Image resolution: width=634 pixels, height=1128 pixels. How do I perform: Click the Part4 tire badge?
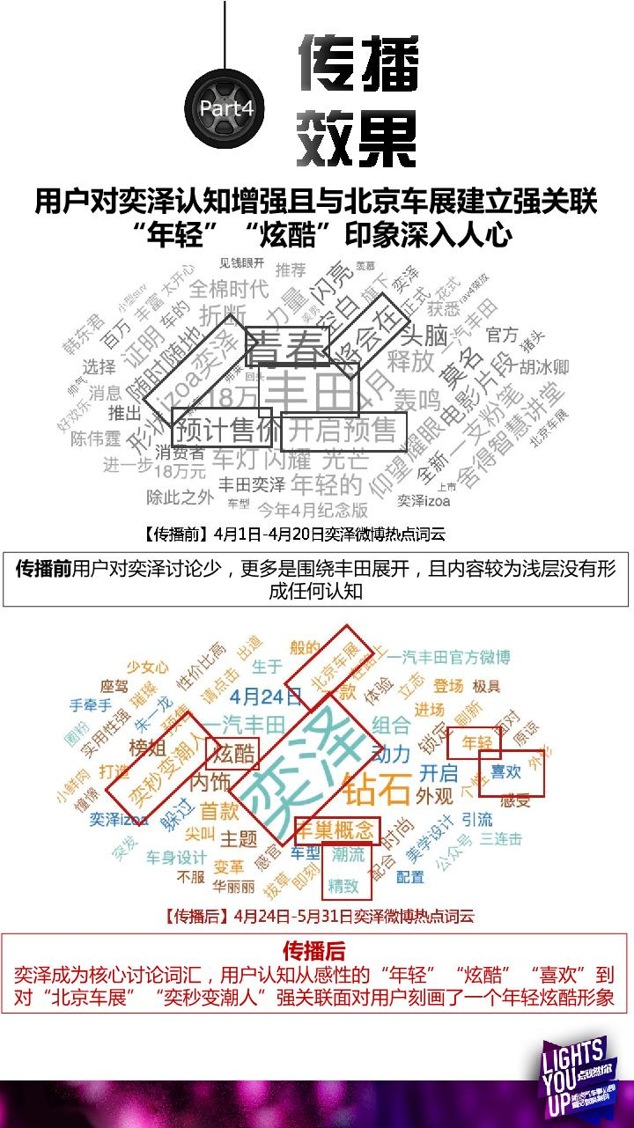tap(226, 109)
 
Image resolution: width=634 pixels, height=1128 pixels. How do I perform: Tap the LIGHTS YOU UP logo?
tap(578, 1080)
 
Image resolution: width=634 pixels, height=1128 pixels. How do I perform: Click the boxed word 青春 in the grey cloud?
tap(287, 349)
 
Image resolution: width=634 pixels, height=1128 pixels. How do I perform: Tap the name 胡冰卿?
tap(544, 365)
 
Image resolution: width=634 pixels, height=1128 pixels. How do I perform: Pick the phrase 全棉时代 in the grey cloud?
tap(229, 288)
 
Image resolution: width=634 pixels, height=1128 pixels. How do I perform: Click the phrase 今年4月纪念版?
tap(312, 509)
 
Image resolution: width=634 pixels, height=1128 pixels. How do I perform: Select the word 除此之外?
tap(180, 498)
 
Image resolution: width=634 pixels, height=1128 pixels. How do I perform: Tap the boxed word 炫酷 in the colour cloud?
tap(233, 754)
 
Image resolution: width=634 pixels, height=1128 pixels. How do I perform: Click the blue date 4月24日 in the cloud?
tap(266, 697)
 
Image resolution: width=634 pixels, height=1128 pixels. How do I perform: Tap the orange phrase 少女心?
tap(147, 667)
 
